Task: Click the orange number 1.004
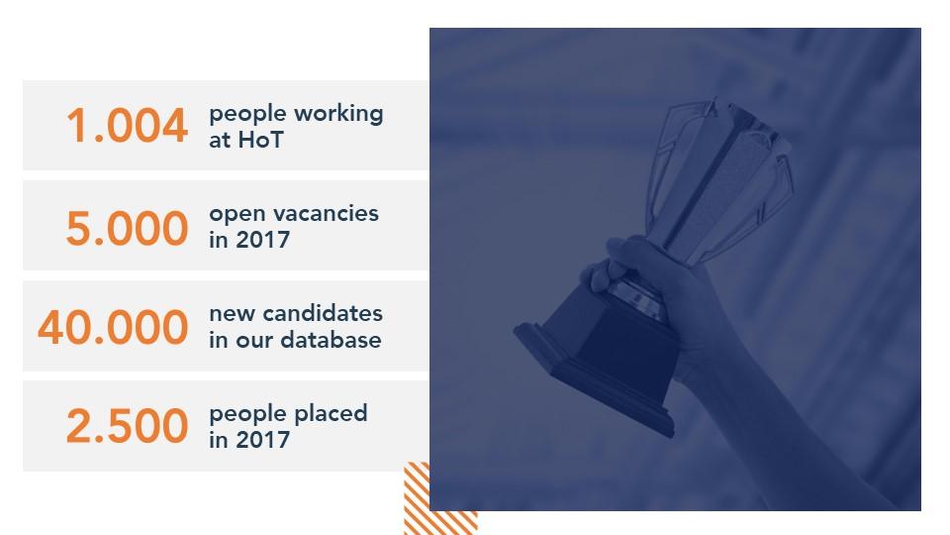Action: [x=128, y=126]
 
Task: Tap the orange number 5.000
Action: [x=128, y=228]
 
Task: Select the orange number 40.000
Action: [x=113, y=328]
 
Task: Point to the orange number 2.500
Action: [x=128, y=426]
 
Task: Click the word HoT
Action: [x=260, y=140]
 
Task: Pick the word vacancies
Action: [x=326, y=214]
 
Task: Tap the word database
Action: [x=331, y=340]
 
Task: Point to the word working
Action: [x=338, y=114]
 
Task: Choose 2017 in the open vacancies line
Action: [x=262, y=240]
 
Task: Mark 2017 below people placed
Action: [x=262, y=440]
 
